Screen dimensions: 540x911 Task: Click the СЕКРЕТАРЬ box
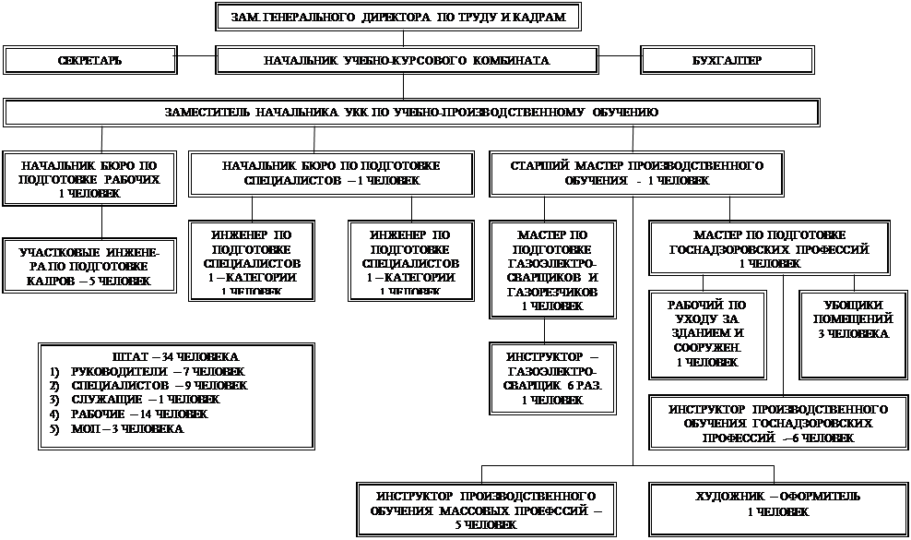point(89,60)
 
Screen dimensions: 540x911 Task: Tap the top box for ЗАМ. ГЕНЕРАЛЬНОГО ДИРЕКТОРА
point(399,17)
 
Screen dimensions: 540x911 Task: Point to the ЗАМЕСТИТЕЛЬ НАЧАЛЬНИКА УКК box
point(411,112)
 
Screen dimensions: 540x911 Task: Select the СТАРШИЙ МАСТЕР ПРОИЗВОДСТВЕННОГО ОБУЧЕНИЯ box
point(636,173)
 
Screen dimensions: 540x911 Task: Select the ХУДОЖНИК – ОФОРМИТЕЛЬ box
point(777,504)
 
